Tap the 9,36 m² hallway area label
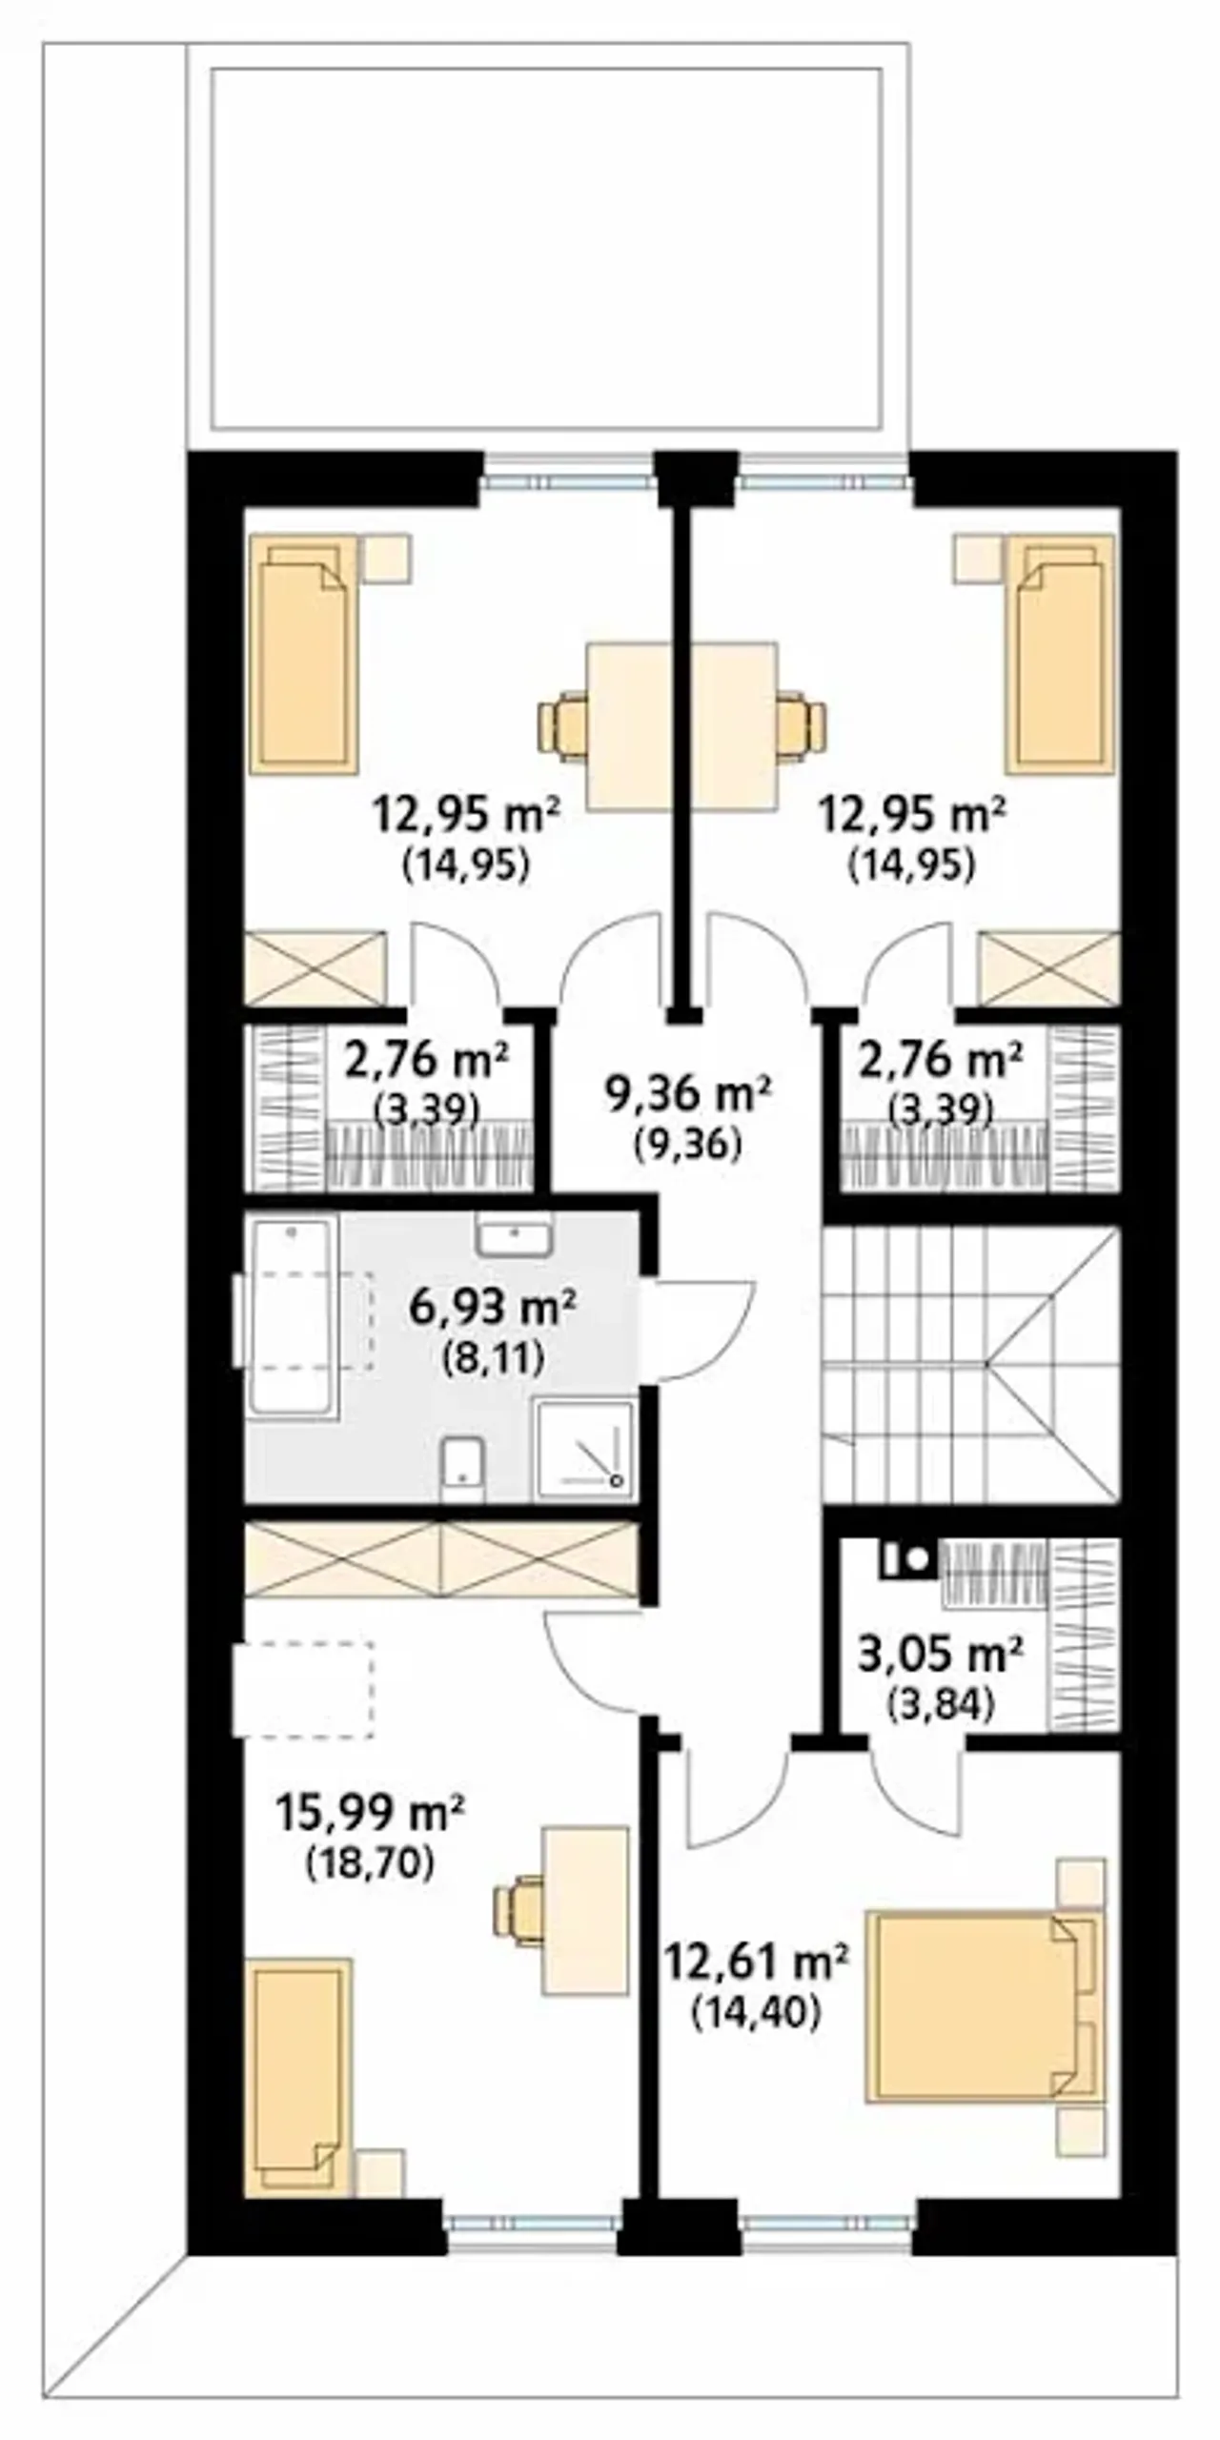(x=688, y=1095)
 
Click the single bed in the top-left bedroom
(x=303, y=653)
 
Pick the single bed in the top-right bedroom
(x=1059, y=653)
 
